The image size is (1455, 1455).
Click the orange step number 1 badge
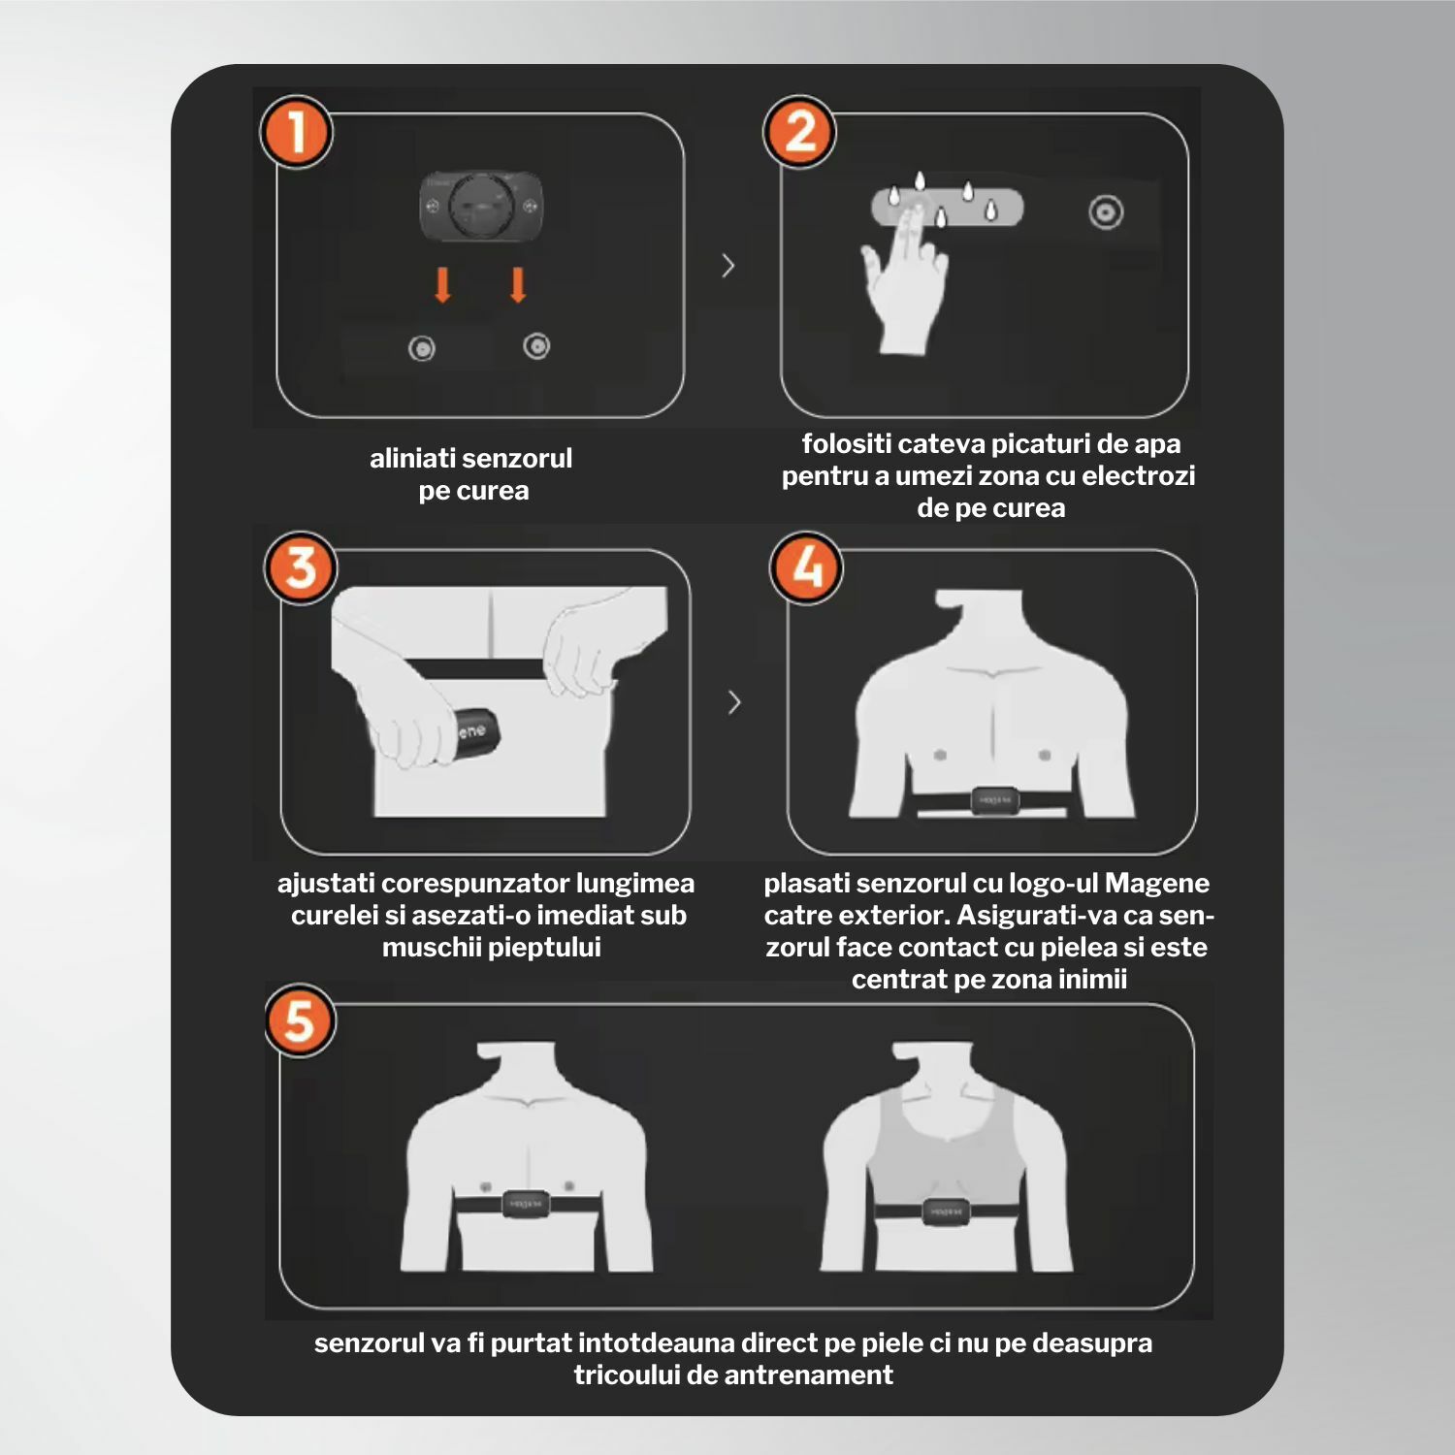(296, 132)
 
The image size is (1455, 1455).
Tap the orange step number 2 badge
(799, 132)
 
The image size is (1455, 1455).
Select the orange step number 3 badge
(301, 567)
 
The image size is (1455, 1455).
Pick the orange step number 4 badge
(806, 567)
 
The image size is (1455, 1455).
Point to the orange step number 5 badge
(300, 1020)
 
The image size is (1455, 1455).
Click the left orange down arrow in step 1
(443, 285)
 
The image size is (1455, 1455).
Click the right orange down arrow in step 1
(518, 285)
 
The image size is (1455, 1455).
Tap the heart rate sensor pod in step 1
(481, 207)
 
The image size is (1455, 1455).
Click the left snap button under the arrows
(421, 348)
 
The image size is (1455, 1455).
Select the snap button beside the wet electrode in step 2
(1106, 212)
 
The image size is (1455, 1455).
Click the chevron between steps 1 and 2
(728, 266)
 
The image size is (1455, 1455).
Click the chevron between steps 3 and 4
(734, 702)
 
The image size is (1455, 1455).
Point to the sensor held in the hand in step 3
(478, 729)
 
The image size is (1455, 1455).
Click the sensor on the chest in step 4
(994, 800)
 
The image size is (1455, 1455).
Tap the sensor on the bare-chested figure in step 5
(527, 1204)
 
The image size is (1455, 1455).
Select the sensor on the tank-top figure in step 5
(945, 1212)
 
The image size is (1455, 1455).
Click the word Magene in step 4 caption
(1157, 883)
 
